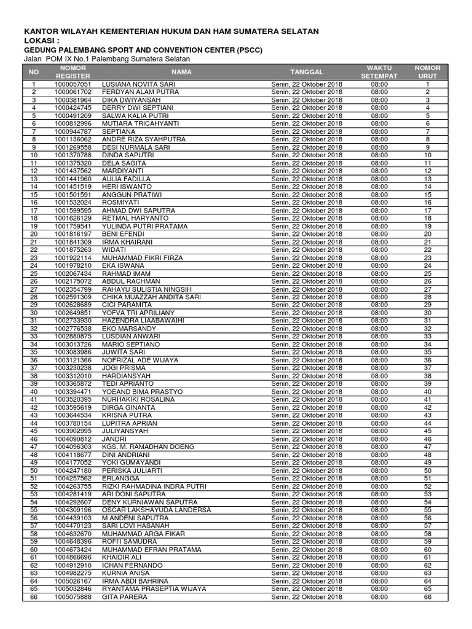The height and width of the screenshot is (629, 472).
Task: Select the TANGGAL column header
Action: pyautogui.click(x=307, y=71)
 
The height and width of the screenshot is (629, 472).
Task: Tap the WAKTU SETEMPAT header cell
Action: pyautogui.click(x=379, y=71)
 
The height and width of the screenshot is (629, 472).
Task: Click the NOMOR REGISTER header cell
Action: pyautogui.click(x=73, y=71)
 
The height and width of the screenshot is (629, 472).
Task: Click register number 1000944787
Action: pyautogui.click(x=73, y=131)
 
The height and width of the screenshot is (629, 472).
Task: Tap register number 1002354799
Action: pyautogui.click(x=73, y=289)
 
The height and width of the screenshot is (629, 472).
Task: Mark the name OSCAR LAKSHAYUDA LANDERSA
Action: pyautogui.click(x=156, y=510)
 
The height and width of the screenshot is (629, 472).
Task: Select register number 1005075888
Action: pyautogui.click(x=73, y=596)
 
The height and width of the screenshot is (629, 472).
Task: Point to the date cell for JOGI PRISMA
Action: pyautogui.click(x=307, y=368)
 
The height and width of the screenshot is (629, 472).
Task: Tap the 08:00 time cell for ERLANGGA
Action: pyautogui.click(x=379, y=479)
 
